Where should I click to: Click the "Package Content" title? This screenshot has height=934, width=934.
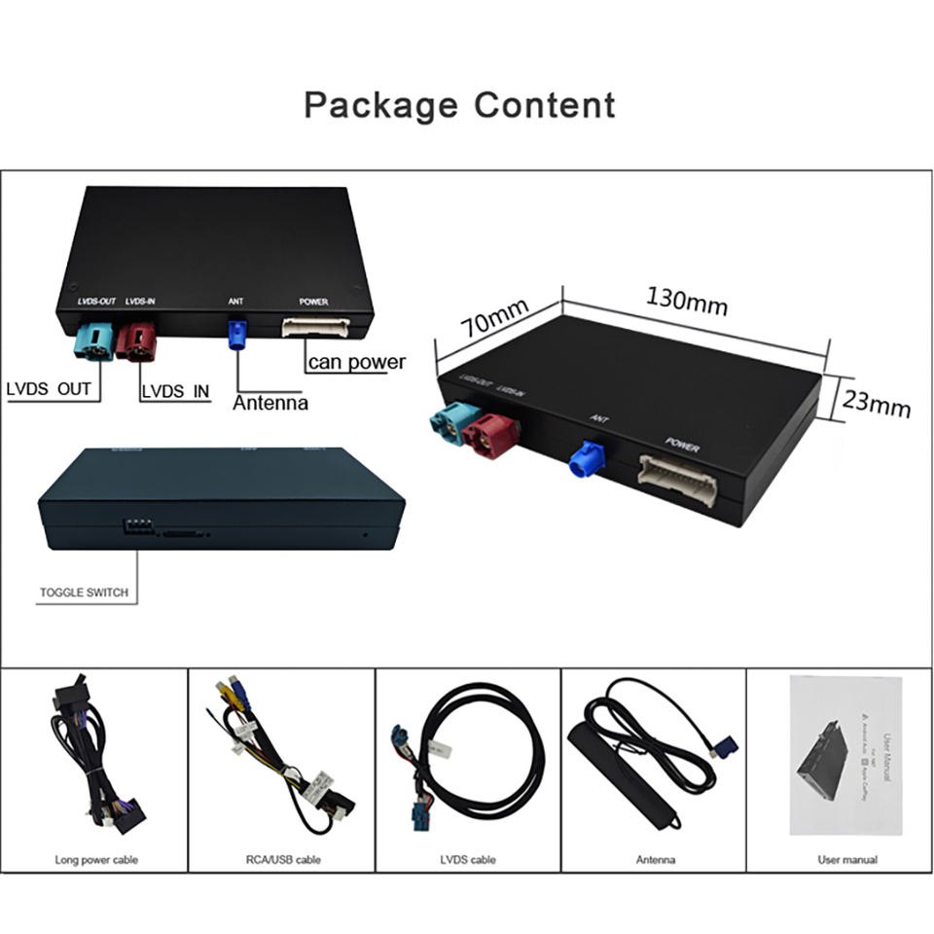[459, 105]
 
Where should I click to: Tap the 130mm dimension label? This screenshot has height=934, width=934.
[687, 301]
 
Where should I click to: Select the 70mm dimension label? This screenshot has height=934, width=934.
[494, 318]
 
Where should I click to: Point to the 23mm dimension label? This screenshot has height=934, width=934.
[876, 402]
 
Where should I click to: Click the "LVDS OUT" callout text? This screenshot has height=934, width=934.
[49, 389]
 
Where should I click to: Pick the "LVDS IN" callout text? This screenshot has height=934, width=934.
[175, 391]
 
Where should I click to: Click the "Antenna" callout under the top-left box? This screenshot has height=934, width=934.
[269, 403]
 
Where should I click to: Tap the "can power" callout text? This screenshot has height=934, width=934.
[356, 363]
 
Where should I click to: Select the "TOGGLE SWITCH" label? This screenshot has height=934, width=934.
[84, 593]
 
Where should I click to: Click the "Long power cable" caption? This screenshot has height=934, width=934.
[95, 859]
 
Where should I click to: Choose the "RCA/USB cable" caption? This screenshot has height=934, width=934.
[281, 859]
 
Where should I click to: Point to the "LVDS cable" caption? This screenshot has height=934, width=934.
[468, 859]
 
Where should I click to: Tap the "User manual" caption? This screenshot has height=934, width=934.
[846, 859]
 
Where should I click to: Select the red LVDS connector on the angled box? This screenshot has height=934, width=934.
[487, 435]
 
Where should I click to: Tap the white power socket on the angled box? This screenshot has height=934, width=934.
[678, 480]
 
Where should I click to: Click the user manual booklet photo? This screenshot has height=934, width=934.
[844, 754]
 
